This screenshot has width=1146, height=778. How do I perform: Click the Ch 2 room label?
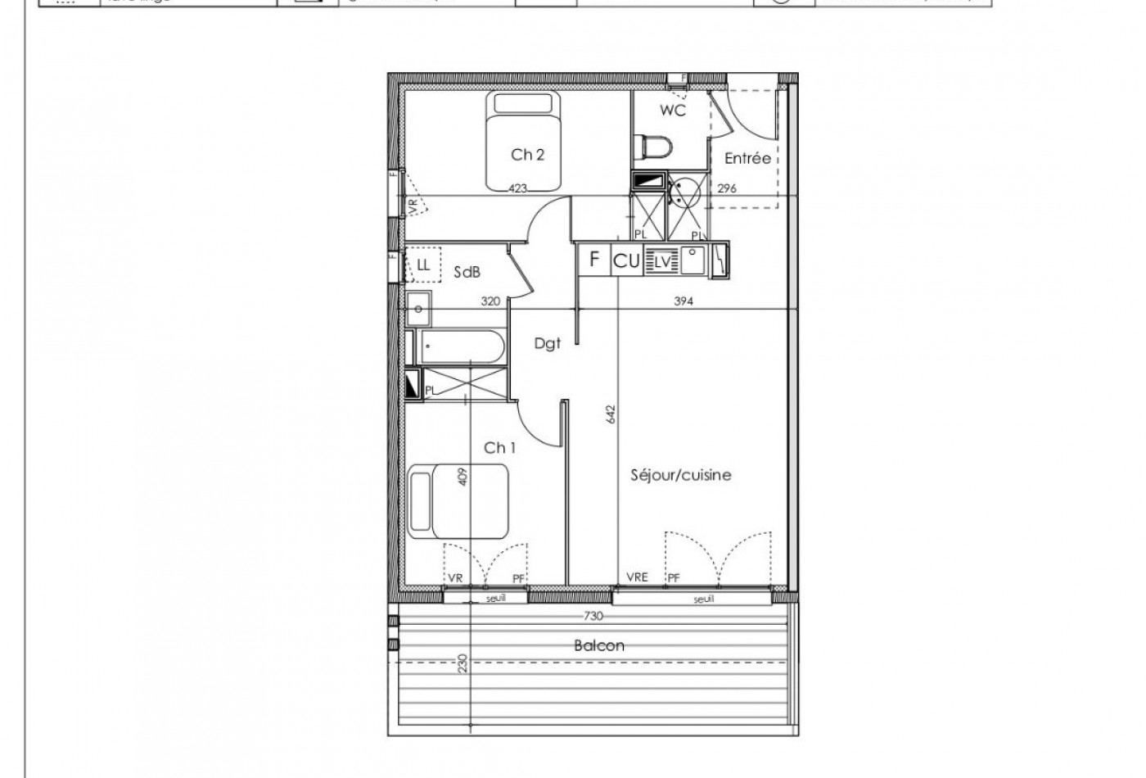click(x=528, y=154)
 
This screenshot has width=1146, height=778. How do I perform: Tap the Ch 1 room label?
click(x=499, y=447)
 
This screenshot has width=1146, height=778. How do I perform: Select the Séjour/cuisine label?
click(x=681, y=475)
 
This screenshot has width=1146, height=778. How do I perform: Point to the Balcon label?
click(x=598, y=645)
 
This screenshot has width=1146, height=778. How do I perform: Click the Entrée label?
click(x=747, y=158)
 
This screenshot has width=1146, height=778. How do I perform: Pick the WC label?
click(x=673, y=110)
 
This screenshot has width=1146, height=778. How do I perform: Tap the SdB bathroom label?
click(x=467, y=273)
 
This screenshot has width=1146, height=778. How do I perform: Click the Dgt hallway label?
click(x=548, y=344)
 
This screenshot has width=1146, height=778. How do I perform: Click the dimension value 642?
click(x=611, y=414)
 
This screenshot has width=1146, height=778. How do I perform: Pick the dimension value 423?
click(x=517, y=188)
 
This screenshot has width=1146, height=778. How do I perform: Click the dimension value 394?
click(x=684, y=301)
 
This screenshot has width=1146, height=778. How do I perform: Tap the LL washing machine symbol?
click(x=423, y=265)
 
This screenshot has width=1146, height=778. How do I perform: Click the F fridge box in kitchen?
click(x=594, y=261)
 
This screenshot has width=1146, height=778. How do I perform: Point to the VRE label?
click(x=637, y=577)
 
